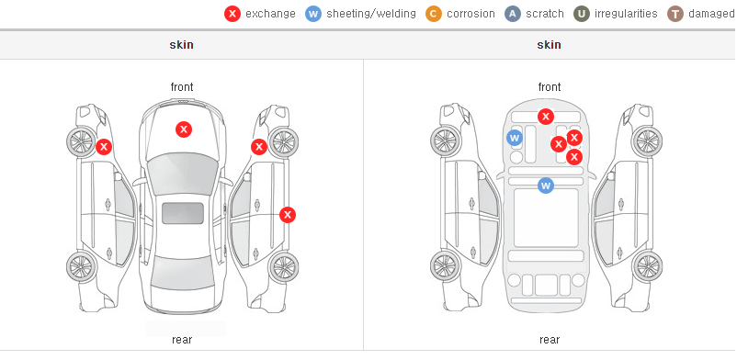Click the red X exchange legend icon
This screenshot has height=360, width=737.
point(232,14)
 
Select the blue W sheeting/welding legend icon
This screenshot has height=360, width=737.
point(313,14)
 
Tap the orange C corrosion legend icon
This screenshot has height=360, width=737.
point(434,14)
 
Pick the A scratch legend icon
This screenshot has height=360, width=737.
point(513,14)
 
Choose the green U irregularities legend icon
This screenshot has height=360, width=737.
point(582,14)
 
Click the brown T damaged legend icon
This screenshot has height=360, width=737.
point(675,14)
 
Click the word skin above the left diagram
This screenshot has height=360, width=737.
point(181,45)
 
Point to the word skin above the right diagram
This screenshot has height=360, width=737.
point(549,45)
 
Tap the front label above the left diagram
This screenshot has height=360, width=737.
point(182,87)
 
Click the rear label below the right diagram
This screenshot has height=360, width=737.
point(550,340)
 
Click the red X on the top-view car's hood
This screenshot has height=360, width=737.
point(184,129)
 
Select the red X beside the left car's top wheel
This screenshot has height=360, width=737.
point(104,147)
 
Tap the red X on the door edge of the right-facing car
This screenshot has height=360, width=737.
point(288,215)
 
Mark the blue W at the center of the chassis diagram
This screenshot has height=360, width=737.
point(546,186)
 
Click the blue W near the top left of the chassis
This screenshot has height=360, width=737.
point(515,138)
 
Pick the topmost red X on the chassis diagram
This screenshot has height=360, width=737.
point(546,116)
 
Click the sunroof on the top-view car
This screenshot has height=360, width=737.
point(183,213)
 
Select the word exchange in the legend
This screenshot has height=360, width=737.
point(270,14)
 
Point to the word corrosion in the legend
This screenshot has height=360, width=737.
point(471,14)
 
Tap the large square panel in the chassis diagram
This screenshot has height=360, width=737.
point(546,218)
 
